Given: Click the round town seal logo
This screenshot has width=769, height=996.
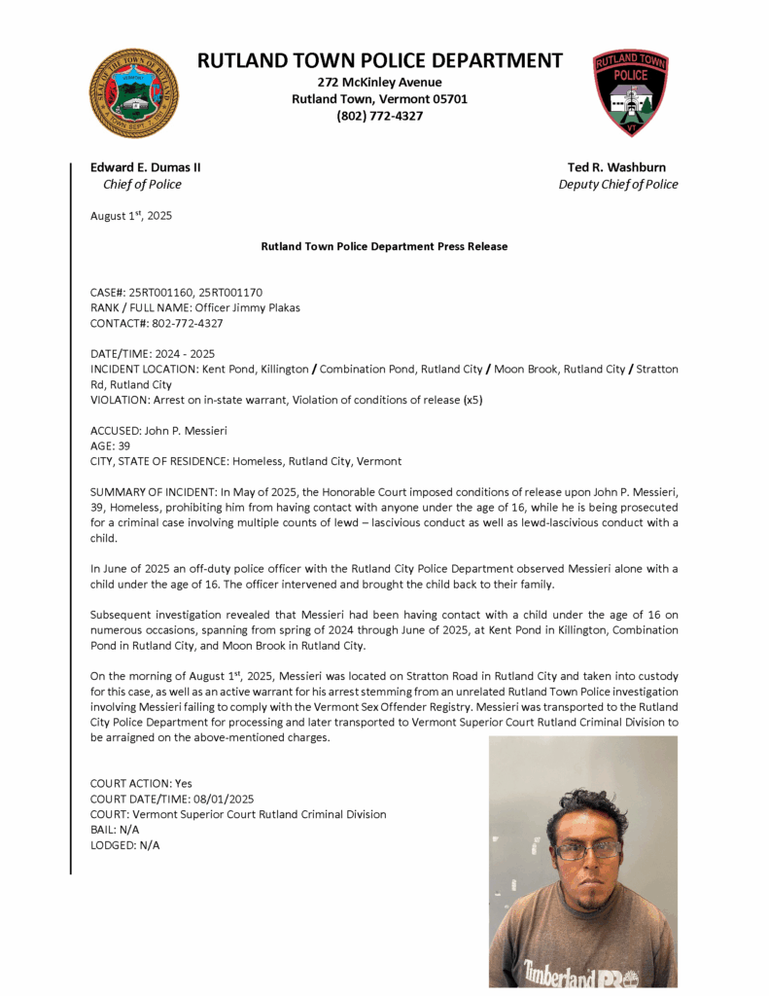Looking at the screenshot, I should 134,93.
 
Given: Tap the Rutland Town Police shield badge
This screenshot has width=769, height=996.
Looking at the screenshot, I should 631,93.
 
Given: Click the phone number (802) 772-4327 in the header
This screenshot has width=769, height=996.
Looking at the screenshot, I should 379,116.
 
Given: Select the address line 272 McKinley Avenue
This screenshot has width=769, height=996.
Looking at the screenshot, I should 379,82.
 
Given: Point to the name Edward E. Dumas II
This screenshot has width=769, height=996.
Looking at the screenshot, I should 146,167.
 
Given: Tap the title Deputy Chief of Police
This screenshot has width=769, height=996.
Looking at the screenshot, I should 617,184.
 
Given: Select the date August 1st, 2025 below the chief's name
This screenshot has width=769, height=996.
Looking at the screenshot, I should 131,216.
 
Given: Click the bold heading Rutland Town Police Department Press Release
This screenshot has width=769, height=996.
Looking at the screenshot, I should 384,247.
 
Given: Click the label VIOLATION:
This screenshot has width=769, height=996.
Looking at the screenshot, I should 121,400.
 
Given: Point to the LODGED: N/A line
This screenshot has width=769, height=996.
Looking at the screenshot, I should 124,845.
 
